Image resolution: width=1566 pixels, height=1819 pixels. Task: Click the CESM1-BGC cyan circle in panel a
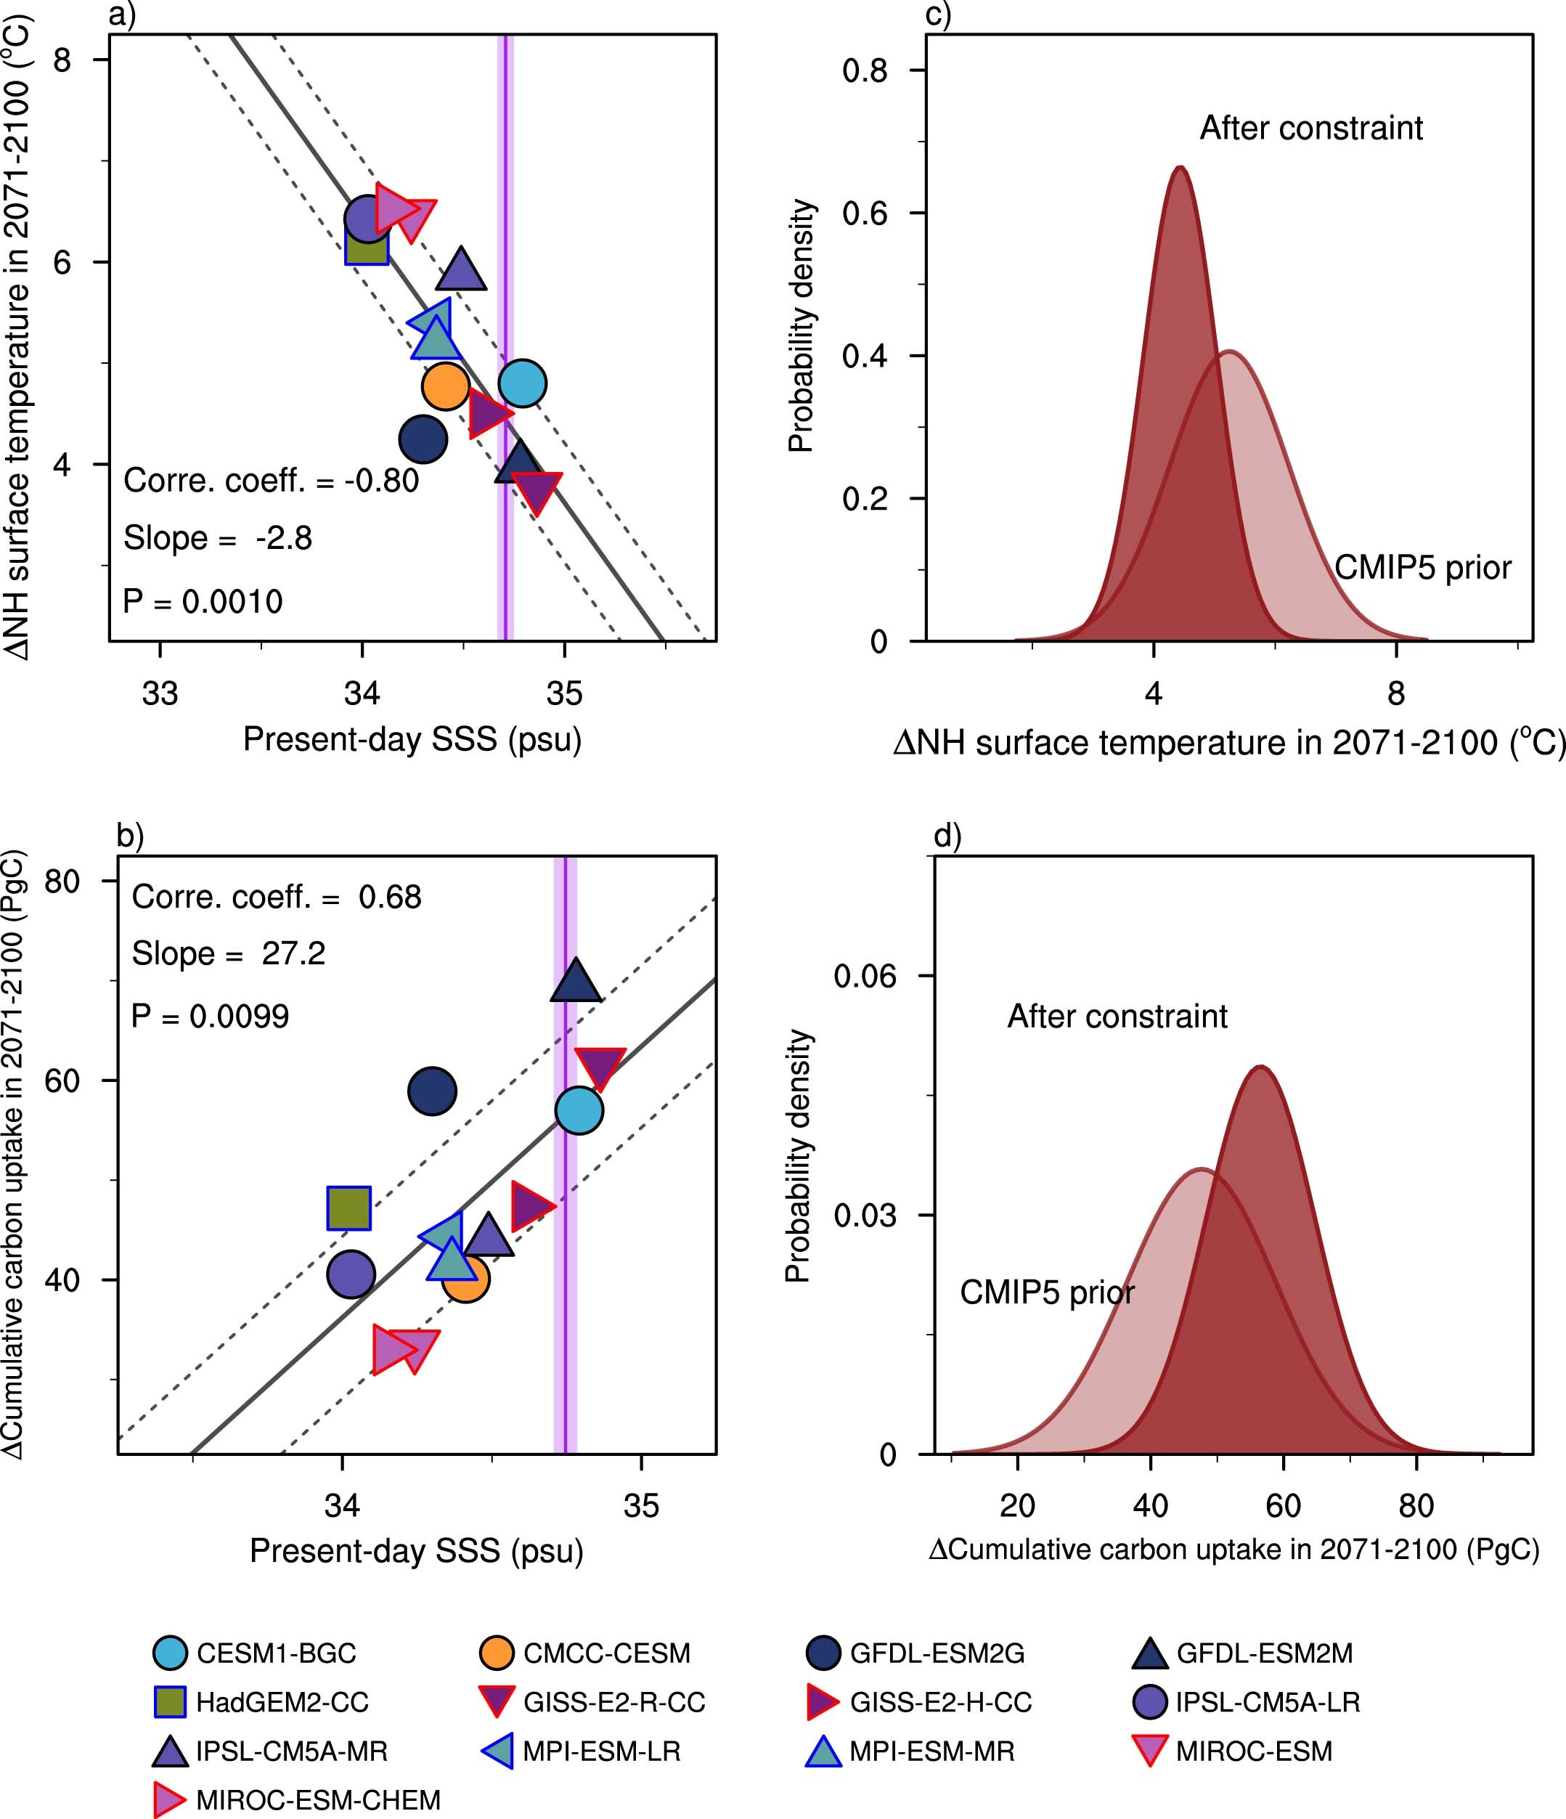(522, 383)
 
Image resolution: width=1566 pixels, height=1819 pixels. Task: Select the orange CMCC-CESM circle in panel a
(445, 386)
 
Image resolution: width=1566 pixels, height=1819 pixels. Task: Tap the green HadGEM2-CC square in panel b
(348, 1208)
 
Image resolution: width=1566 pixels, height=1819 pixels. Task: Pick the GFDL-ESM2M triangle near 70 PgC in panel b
(576, 982)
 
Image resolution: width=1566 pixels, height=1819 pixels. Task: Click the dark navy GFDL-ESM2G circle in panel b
(432, 1091)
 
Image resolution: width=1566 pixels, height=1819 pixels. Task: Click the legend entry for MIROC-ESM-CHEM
(298, 1799)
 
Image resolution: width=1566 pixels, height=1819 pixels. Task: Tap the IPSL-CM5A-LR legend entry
(1246, 1701)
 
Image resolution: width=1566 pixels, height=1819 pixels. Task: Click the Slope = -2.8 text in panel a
(217, 537)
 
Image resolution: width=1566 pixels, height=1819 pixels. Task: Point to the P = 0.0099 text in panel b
(210, 1016)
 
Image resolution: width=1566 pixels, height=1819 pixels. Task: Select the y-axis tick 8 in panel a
(62, 60)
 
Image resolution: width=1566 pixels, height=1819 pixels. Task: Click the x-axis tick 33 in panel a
(160, 693)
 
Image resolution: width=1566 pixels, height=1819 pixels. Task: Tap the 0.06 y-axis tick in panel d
(865, 975)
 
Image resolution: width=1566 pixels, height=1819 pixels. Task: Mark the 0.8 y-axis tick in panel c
(865, 70)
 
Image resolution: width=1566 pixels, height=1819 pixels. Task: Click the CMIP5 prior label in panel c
(1422, 567)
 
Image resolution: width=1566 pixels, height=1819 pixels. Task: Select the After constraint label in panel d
(1117, 1016)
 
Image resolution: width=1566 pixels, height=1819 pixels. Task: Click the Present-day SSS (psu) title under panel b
(416, 1550)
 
